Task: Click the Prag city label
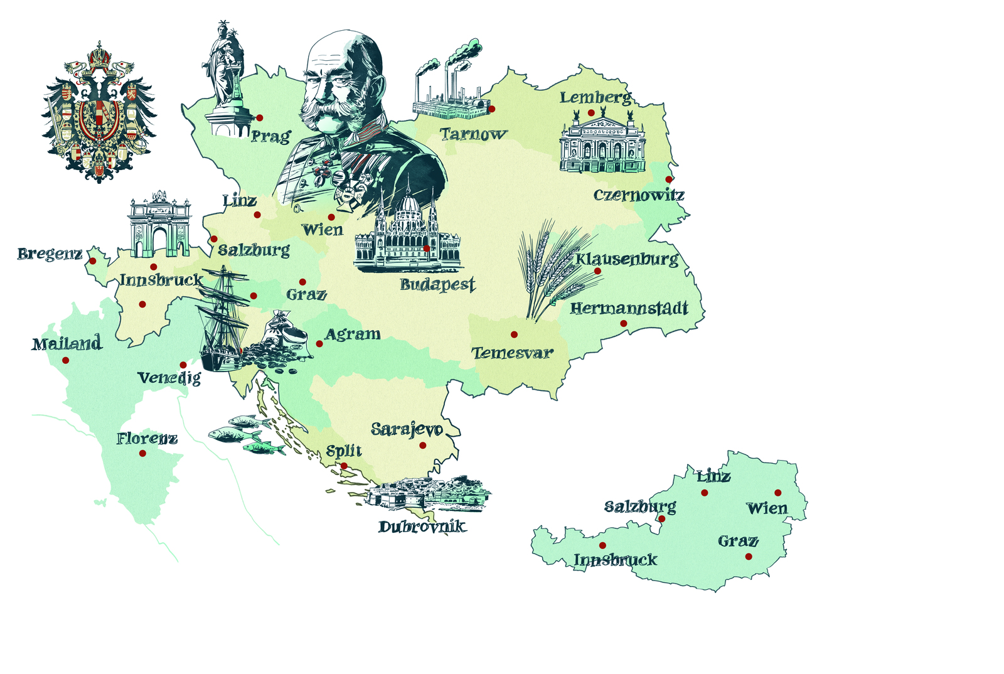click(270, 136)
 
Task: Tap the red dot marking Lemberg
click(591, 113)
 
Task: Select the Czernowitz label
click(638, 195)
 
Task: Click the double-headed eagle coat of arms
click(99, 113)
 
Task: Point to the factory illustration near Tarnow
click(450, 85)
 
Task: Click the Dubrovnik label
click(422, 526)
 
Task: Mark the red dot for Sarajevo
click(423, 446)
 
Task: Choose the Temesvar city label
click(512, 353)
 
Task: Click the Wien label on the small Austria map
click(767, 508)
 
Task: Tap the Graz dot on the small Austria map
click(749, 556)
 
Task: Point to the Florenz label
click(147, 438)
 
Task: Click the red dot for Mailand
click(65, 360)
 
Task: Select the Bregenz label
click(50, 254)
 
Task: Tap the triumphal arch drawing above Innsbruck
click(159, 225)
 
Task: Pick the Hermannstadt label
click(629, 308)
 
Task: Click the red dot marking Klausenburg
click(597, 272)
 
